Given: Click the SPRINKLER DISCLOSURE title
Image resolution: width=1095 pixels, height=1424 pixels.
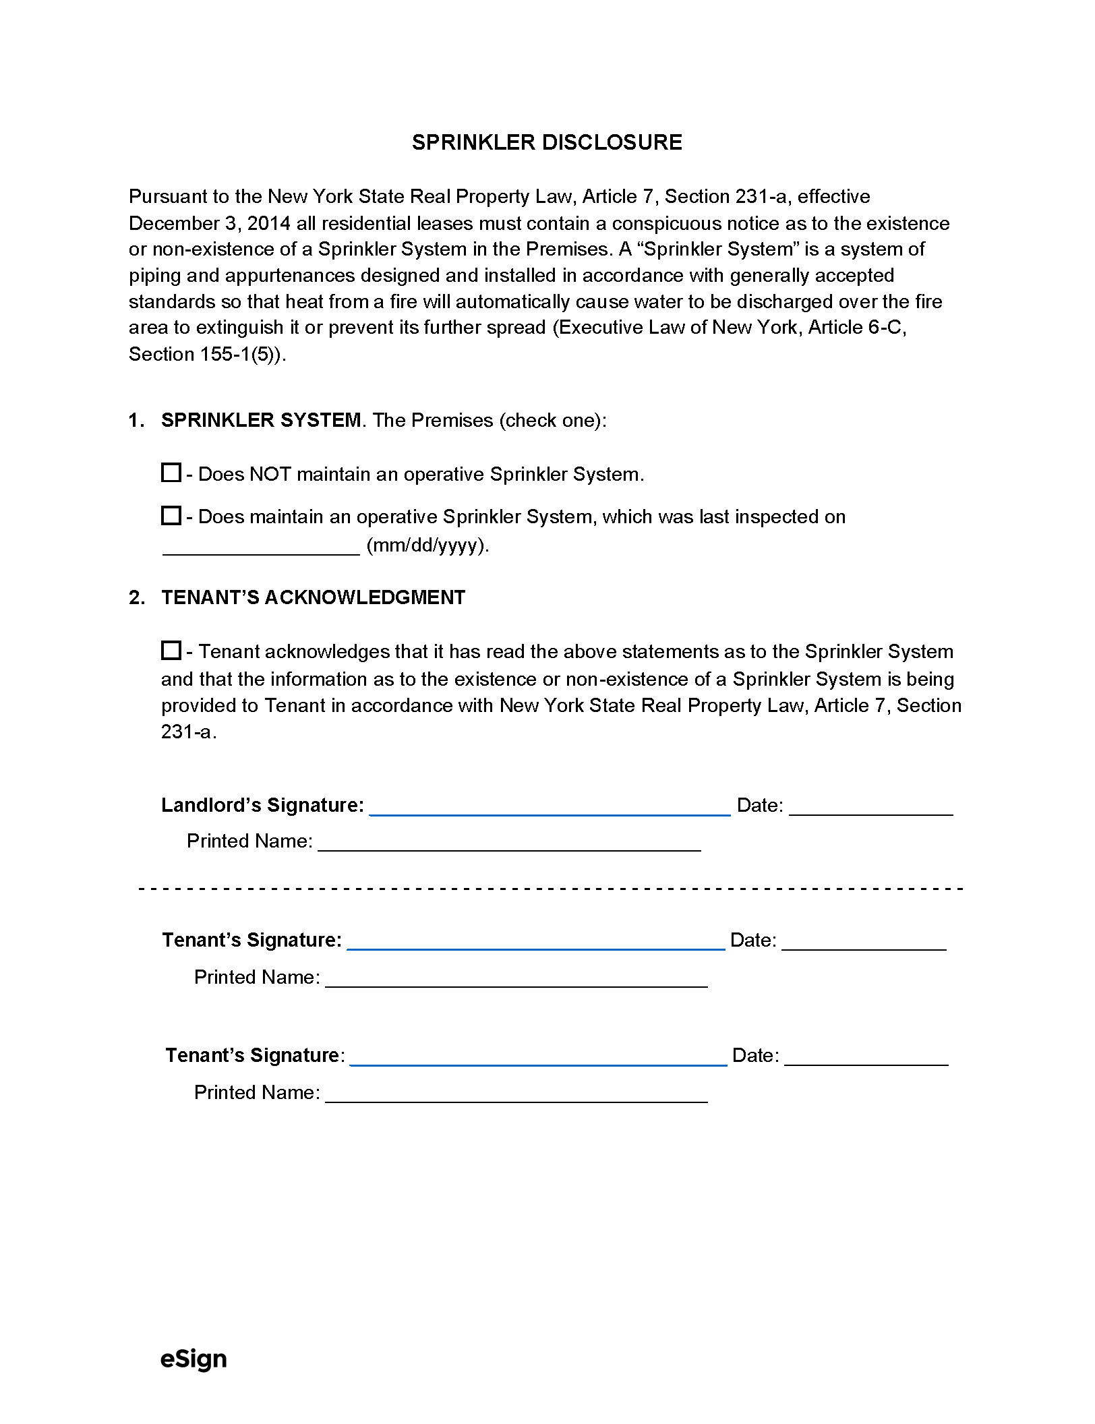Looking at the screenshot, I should [547, 142].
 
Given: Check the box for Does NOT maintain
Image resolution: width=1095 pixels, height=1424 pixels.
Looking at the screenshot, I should [171, 473].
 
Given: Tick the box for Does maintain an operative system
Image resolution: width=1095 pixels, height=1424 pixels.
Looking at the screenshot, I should [171, 516].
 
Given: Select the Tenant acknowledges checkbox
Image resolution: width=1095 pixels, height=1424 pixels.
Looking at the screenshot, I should [171, 651].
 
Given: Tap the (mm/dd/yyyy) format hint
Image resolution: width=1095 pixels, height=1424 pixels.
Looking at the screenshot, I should [427, 545].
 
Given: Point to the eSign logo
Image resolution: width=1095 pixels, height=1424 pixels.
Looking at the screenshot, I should [194, 1359].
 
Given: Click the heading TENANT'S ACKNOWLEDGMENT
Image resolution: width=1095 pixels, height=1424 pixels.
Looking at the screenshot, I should [314, 597].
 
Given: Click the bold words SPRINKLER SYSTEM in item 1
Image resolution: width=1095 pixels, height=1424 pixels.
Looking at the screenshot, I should [261, 420].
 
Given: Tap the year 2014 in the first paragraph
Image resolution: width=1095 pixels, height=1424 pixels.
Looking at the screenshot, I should [268, 223].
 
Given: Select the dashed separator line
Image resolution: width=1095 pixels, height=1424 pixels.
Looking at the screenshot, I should [550, 889].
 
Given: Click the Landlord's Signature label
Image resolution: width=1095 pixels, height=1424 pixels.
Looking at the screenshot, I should [262, 805].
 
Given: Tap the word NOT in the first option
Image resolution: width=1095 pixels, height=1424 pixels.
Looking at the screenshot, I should [270, 474].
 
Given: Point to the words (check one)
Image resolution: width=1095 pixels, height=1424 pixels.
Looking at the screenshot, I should [552, 420].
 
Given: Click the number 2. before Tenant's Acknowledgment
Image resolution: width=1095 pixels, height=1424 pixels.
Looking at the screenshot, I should [136, 597].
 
